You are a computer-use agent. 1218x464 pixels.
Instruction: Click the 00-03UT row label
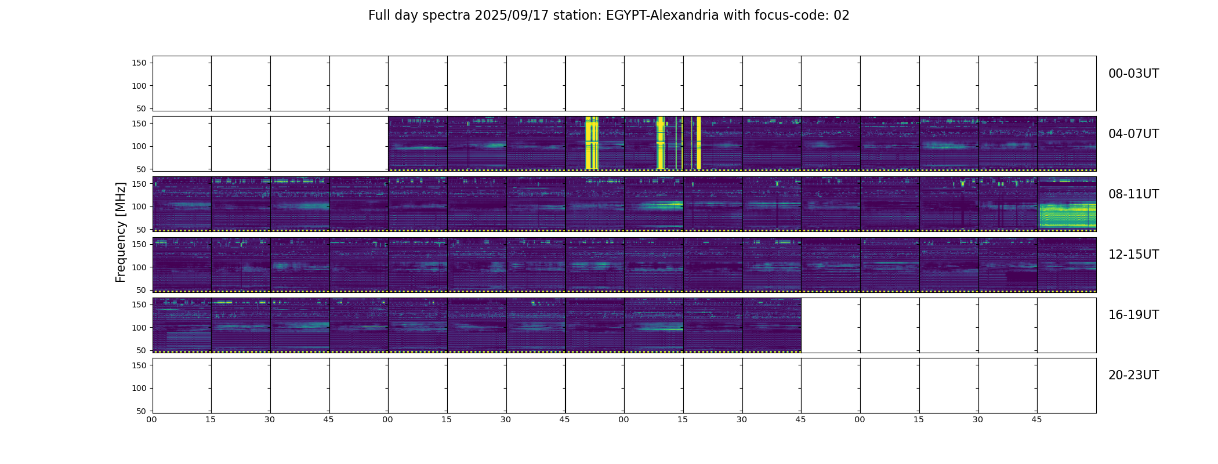(1133, 74)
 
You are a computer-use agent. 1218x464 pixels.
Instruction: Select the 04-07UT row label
(1133, 134)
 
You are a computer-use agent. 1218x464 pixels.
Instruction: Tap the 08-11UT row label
(1133, 194)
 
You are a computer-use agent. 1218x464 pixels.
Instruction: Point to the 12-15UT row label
(1133, 255)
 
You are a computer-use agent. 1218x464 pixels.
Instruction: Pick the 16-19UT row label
(1133, 315)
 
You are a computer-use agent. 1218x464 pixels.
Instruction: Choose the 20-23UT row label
(1133, 375)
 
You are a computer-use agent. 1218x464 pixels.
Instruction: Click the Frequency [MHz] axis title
(121, 232)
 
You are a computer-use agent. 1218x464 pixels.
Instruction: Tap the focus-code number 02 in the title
(841, 16)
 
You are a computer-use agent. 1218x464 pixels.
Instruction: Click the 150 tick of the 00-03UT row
(139, 63)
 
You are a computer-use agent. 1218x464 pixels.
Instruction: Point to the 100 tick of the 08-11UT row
(139, 206)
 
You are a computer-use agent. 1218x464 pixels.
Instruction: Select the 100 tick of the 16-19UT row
(139, 328)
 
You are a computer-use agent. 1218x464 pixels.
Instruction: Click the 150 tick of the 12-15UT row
(139, 244)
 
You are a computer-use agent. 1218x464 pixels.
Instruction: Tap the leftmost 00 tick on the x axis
(151, 419)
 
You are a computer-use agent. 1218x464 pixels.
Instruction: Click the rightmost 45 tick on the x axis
(1036, 419)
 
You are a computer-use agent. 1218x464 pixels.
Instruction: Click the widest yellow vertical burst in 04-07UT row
(592, 143)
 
